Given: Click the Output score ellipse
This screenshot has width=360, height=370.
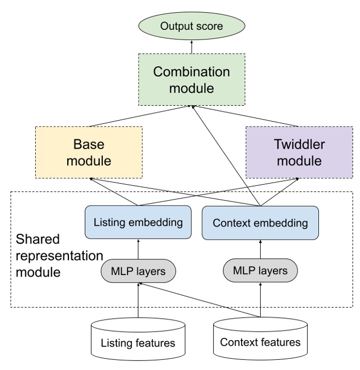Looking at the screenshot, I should click(191, 25).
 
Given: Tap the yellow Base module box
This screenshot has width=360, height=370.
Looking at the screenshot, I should click(89, 152).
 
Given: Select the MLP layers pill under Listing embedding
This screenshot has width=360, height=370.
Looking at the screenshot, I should click(138, 271).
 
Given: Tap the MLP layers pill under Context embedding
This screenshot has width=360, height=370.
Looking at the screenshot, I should click(260, 271).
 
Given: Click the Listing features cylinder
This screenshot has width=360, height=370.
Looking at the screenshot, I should click(138, 339).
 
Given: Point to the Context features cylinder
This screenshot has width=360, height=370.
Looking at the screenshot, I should click(260, 339).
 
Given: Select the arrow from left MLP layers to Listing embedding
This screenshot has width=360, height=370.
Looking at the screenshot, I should click(138, 249).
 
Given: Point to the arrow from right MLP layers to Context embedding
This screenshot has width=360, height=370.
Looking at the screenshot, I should click(260, 249).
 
